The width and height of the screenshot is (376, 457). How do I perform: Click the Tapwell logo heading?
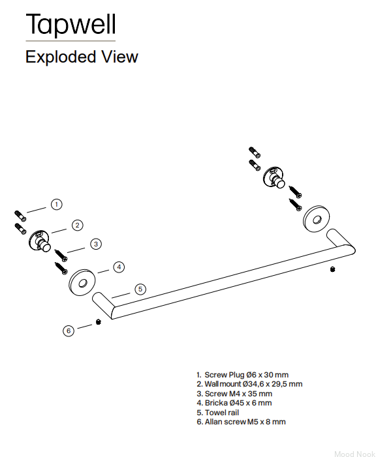pos(71,24)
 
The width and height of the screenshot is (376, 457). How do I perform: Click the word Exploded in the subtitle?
pos(61,57)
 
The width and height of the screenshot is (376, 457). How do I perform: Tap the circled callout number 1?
pos(57,204)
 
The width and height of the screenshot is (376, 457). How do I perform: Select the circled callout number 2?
pos(78,225)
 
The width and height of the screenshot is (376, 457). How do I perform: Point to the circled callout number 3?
pos(96,244)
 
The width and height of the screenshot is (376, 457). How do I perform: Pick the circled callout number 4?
pos(119,267)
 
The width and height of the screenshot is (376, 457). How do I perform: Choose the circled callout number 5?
pos(140,289)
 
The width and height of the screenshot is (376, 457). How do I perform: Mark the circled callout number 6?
pos(69,331)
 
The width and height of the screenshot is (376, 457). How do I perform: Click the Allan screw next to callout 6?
pos(99,322)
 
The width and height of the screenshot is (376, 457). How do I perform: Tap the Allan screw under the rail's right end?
pos(332,269)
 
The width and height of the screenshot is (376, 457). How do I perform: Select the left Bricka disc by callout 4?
pos(82,282)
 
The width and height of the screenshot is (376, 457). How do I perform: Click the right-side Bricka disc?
pos(317,219)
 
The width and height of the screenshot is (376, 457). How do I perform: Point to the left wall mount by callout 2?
pos(40,241)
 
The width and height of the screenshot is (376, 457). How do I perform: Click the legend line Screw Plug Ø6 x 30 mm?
pos(243,375)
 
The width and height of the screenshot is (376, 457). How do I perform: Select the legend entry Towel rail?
pos(218,413)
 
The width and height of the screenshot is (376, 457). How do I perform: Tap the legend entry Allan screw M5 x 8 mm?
pos(241,422)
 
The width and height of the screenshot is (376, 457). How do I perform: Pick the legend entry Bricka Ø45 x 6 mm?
pos(234,403)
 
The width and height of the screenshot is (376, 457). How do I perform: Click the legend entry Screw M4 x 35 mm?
pos(234,394)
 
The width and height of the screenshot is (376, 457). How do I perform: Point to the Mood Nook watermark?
pos(354,454)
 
